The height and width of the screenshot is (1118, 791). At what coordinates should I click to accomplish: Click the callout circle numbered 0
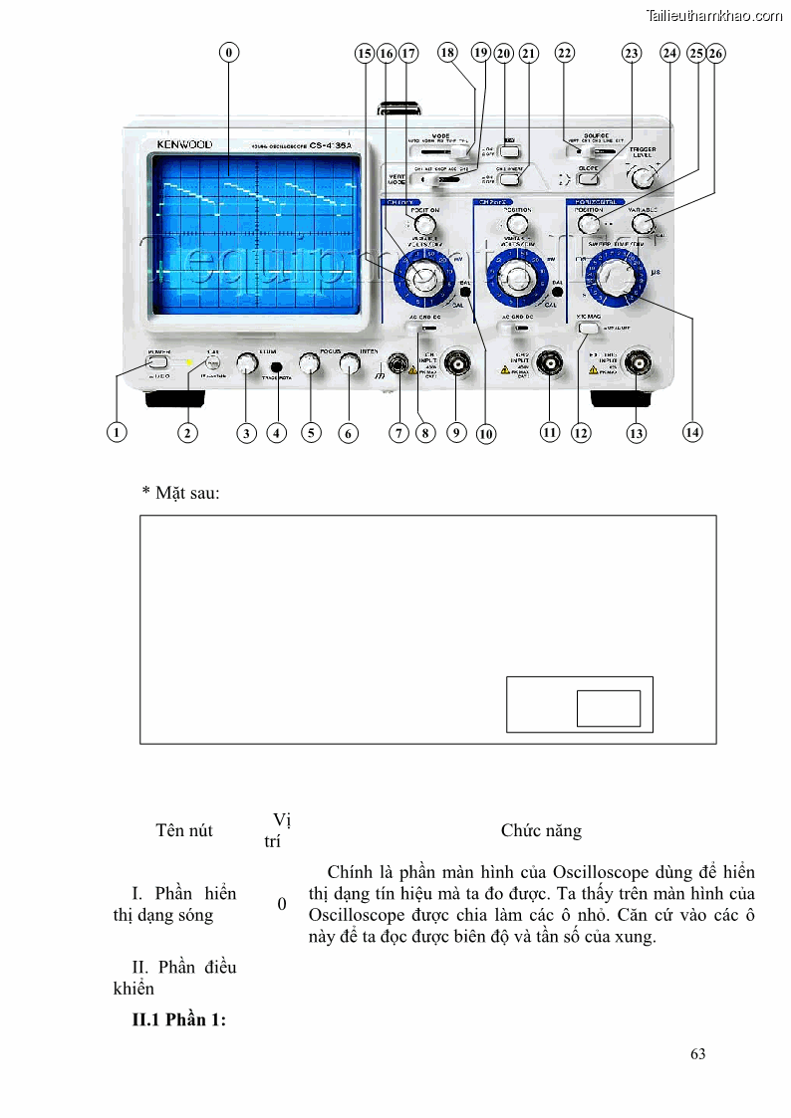coord(230,54)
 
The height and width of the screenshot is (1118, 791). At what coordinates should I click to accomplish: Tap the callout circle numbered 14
coord(693,432)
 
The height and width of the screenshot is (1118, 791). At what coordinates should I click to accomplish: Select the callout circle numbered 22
coord(565,54)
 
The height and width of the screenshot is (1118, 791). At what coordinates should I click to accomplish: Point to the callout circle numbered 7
coord(399,433)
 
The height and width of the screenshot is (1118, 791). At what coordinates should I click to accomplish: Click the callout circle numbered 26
coord(716,54)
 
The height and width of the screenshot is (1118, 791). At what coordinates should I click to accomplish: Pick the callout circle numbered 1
coord(118,432)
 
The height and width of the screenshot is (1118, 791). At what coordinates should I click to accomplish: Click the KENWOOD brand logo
coord(184,144)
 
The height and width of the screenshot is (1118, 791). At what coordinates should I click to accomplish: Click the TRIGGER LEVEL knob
coord(644,178)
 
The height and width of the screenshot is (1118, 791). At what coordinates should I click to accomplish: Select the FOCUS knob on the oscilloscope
coord(310,365)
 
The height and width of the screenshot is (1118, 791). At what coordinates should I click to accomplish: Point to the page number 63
coord(697,1053)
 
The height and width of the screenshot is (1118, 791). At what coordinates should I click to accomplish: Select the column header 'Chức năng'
coord(541,830)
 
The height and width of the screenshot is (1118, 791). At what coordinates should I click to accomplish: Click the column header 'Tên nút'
coord(184,830)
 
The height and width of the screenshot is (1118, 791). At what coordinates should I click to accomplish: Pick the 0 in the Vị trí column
coord(282,903)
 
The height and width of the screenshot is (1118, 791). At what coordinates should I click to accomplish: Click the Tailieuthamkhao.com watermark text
coord(714,15)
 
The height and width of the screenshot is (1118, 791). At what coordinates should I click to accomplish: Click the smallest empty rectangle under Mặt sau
coord(608,708)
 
